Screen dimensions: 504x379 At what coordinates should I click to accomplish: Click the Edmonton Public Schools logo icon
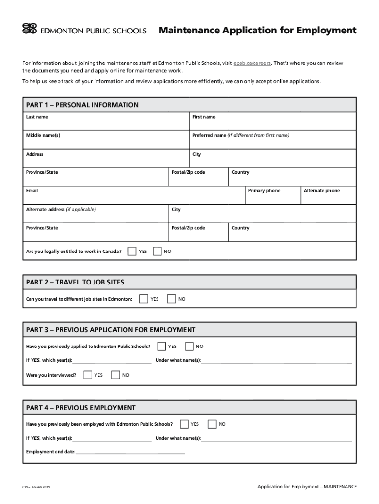pos(30,29)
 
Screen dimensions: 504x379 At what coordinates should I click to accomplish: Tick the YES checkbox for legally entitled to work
pos(132,252)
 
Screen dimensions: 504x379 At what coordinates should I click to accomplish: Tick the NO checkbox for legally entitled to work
pos(158,252)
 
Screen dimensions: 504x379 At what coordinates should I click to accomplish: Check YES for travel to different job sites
pos(144,299)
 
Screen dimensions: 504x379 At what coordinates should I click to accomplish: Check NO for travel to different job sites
pos(171,299)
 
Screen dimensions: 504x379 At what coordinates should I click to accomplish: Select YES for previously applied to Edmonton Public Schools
pos(161,346)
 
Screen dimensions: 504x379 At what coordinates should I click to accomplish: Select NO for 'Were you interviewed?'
pos(116,375)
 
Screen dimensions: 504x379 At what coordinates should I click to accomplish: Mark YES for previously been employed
pos(184,424)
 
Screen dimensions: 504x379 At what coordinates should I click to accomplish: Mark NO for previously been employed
pos(212,424)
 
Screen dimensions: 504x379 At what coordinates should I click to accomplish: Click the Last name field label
pos(37,117)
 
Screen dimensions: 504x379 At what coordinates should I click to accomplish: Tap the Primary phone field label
pos(264,191)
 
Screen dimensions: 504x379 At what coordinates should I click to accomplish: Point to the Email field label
pos(32,191)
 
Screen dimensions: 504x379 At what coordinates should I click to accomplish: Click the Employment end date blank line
pos(130,452)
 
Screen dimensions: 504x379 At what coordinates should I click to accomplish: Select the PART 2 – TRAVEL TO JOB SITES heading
pos(75,282)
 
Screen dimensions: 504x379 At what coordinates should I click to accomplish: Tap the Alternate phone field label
pos(321,191)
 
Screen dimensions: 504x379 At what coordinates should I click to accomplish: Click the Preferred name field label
pos(241,135)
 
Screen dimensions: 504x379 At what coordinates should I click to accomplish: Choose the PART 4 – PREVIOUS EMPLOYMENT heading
pos(81,408)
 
